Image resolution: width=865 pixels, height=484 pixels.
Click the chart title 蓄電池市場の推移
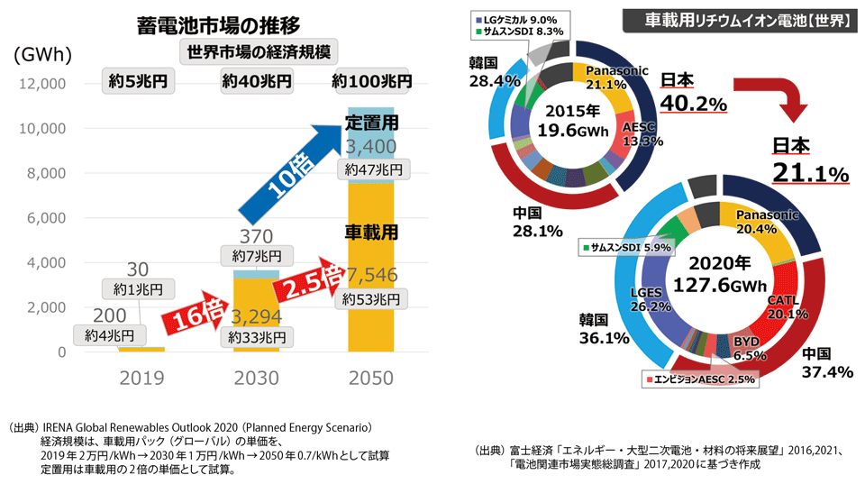tap(218, 23)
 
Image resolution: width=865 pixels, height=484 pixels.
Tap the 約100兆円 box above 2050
tap(370, 81)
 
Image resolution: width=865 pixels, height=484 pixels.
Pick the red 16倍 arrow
tap(189, 315)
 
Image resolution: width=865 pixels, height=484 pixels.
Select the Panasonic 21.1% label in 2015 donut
tap(613, 78)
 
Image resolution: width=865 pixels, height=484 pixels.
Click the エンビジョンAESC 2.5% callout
tap(699, 380)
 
